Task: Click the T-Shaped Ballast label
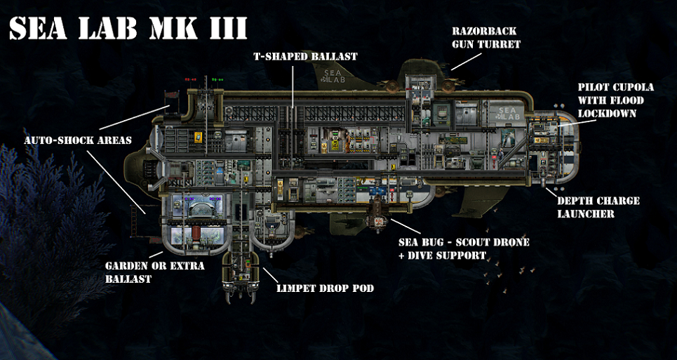click(x=304, y=57)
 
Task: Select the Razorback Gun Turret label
click(x=485, y=38)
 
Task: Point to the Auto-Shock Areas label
click(x=78, y=141)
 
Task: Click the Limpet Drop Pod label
click(x=325, y=288)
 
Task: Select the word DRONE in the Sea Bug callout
click(x=509, y=242)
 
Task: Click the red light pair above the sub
click(x=190, y=80)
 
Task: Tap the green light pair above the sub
click(x=217, y=80)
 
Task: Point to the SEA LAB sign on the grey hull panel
click(x=508, y=113)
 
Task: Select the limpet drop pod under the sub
click(x=241, y=274)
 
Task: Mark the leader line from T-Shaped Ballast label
click(x=293, y=85)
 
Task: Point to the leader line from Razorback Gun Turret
click(x=467, y=61)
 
